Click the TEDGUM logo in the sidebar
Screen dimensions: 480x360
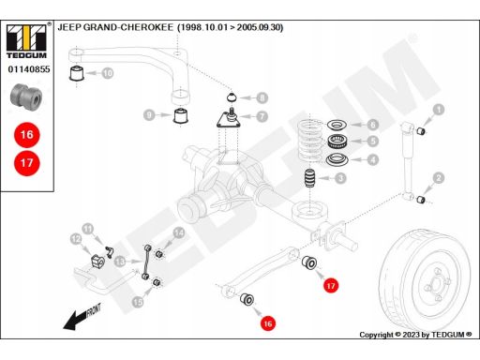point(26,41)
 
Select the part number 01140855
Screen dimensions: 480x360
point(29,69)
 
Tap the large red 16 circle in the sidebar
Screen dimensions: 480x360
point(27,135)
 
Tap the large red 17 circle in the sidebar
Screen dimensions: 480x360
point(27,163)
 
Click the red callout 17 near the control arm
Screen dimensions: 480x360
point(331,286)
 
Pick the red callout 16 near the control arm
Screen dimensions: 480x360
point(268,323)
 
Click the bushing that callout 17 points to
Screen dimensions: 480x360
point(309,262)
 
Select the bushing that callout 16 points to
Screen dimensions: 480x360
point(247,299)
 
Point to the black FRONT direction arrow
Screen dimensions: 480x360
point(82,317)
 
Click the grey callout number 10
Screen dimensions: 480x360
point(108,73)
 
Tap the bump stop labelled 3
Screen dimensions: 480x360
point(309,178)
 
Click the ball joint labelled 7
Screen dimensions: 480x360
point(229,118)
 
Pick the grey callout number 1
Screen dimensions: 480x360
point(439,110)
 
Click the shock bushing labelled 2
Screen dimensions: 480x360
point(421,199)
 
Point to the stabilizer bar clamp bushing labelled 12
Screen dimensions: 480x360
point(97,262)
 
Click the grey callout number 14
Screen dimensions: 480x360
point(179,232)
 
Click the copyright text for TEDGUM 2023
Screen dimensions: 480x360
point(415,335)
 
